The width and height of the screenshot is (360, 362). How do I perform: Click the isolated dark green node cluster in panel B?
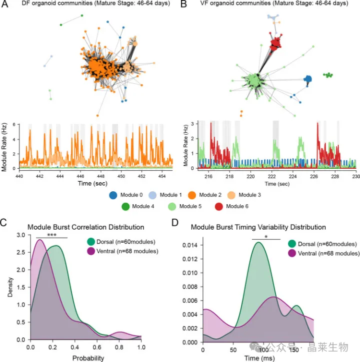tap(328, 75)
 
